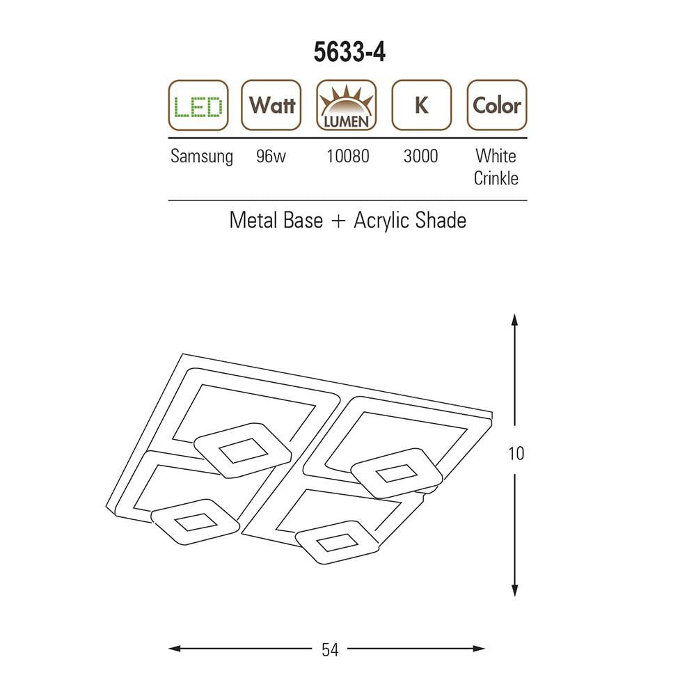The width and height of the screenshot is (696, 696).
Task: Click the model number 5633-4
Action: click(349, 52)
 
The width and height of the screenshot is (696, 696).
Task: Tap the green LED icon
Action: click(198, 105)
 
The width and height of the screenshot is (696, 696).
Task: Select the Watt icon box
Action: click(271, 105)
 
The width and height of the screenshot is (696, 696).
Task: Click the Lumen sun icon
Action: click(346, 105)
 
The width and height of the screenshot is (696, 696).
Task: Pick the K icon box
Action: click(422, 105)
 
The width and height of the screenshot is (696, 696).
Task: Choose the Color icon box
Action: click(497, 105)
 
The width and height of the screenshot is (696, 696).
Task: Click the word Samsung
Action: click(202, 157)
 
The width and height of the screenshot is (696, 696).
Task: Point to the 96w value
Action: click(271, 156)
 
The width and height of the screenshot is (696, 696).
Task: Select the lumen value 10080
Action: click(348, 156)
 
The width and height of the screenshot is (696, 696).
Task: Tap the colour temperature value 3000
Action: click(421, 156)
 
